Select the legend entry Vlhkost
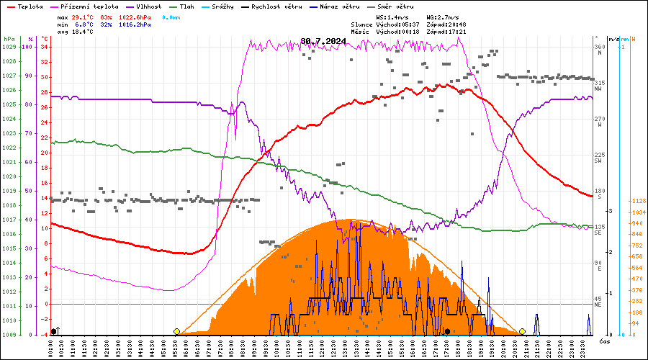click(137, 6)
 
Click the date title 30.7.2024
click(323, 41)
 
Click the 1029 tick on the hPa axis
click(9, 47)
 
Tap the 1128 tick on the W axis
click(638, 201)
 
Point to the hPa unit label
click(9, 39)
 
